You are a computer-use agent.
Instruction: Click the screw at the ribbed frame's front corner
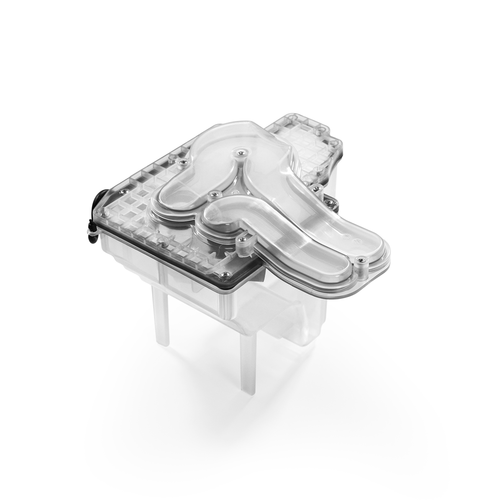click(226, 274)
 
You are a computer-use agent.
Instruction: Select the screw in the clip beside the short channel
click(242, 240)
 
